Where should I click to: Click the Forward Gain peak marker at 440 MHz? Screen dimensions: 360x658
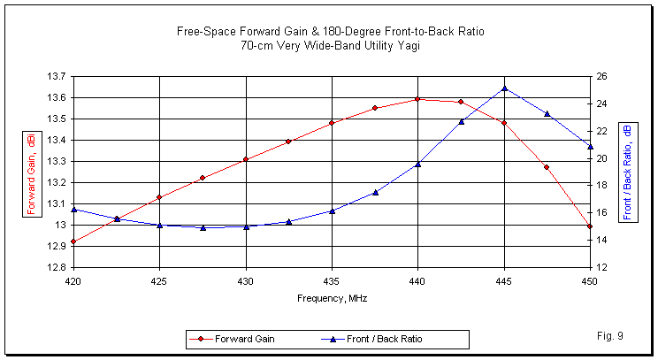tap(417, 99)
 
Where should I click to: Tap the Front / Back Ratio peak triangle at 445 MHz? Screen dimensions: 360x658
tap(504, 88)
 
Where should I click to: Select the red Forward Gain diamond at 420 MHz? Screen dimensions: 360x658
tap(73, 241)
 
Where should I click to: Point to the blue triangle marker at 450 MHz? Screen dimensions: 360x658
tap(590, 146)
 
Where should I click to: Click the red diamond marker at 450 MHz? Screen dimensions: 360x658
tap(590, 226)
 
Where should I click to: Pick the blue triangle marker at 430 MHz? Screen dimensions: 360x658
tap(246, 226)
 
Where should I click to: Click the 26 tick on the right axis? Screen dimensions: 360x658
tap(601, 76)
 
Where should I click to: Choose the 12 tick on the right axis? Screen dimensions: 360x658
tap(601, 267)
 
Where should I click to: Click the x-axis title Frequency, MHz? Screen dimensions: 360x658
tap(332, 298)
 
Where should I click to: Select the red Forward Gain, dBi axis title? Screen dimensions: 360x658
tap(31, 172)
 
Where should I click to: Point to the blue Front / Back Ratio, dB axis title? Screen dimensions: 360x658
tap(627, 172)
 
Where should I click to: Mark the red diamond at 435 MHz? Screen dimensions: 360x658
tap(332, 123)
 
